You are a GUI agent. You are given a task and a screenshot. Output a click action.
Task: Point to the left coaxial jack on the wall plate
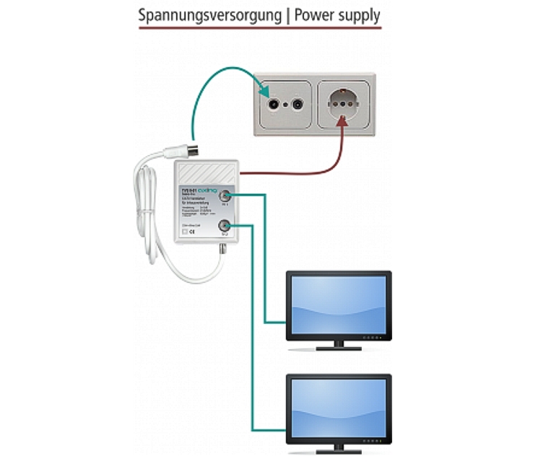point(274,103)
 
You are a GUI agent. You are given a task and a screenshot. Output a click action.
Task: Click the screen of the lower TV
point(339,405)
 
